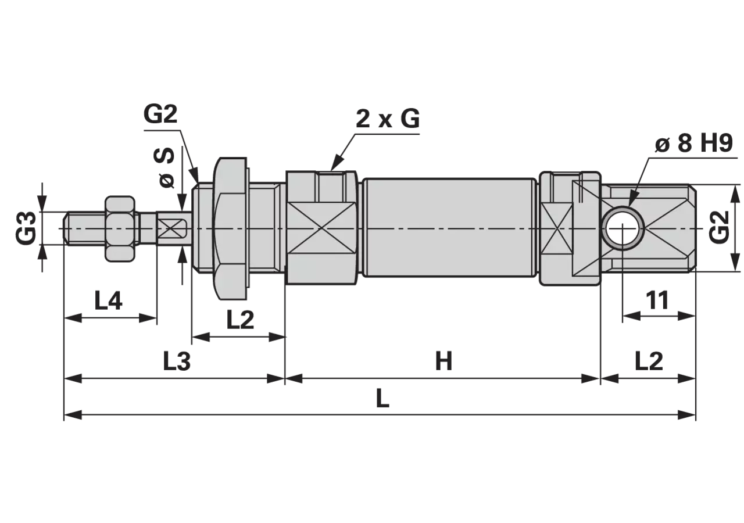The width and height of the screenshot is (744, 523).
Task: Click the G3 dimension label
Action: point(26,228)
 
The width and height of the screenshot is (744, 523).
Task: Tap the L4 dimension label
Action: point(108,300)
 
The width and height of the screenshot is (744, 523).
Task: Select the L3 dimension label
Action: point(177,361)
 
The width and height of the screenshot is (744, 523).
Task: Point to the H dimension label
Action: point(443,361)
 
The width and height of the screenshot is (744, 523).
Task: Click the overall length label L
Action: point(382,399)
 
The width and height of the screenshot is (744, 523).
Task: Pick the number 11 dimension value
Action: point(657,300)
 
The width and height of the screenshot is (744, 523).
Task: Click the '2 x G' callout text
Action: point(388,119)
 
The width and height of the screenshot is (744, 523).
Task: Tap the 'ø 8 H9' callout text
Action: point(694,144)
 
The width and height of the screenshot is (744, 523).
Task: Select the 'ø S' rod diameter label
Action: point(164,168)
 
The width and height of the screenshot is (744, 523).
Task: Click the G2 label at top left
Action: point(160,114)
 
